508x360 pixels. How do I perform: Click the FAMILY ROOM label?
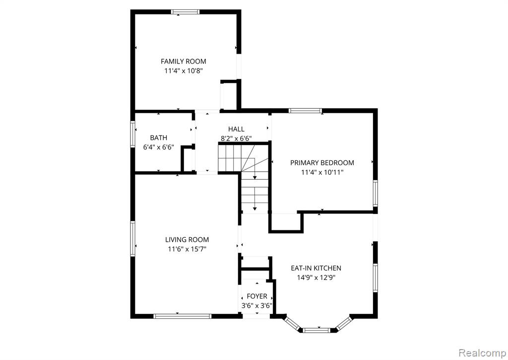184,61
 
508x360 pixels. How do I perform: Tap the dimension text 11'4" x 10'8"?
184,71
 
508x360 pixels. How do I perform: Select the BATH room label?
159,138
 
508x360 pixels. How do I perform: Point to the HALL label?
236,129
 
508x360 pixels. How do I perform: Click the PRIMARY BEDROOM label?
322,163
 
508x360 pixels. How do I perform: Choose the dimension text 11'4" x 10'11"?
322,172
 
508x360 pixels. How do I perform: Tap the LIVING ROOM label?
187,240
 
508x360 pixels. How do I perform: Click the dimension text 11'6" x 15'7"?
187,249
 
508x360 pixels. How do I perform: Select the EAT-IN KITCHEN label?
316,268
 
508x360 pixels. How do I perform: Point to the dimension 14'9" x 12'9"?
316,278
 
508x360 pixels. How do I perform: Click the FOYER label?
257,296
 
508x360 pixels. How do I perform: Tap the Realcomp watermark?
482,353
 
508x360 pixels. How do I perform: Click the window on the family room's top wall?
186,12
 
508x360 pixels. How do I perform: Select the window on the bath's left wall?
132,134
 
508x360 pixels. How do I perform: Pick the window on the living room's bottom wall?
183,316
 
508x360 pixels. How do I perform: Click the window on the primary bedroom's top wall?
305,111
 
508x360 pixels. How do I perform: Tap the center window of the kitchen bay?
317,331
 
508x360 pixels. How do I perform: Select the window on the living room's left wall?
132,238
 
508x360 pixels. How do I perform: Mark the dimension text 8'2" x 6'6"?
236,139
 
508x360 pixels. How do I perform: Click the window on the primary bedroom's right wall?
375,193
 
